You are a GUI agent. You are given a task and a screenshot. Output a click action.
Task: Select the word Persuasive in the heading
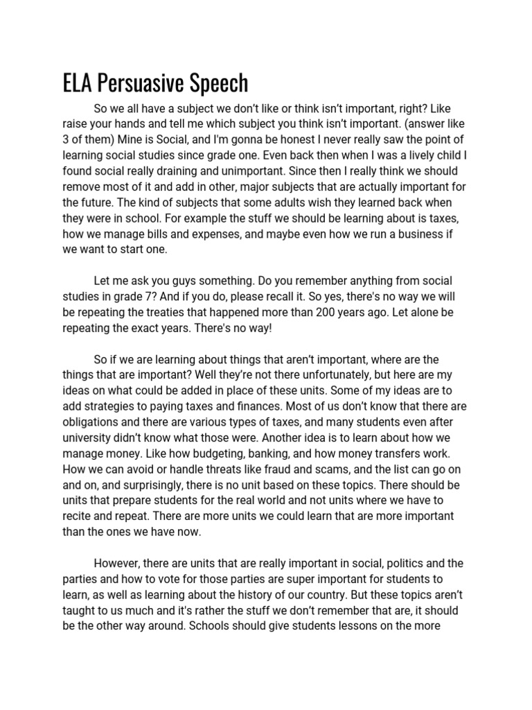point(139,83)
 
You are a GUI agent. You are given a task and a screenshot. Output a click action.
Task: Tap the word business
point(422,233)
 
